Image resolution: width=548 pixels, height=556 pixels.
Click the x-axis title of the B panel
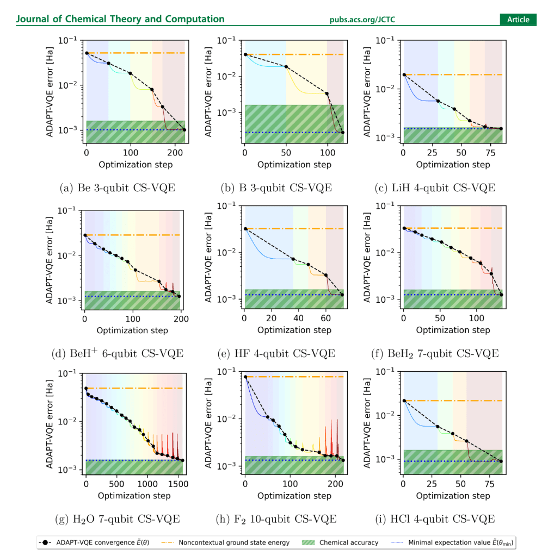294,165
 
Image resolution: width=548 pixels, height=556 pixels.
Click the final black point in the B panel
343,133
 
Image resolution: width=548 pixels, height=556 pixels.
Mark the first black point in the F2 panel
245,377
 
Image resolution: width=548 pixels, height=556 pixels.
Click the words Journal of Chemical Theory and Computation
120,20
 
